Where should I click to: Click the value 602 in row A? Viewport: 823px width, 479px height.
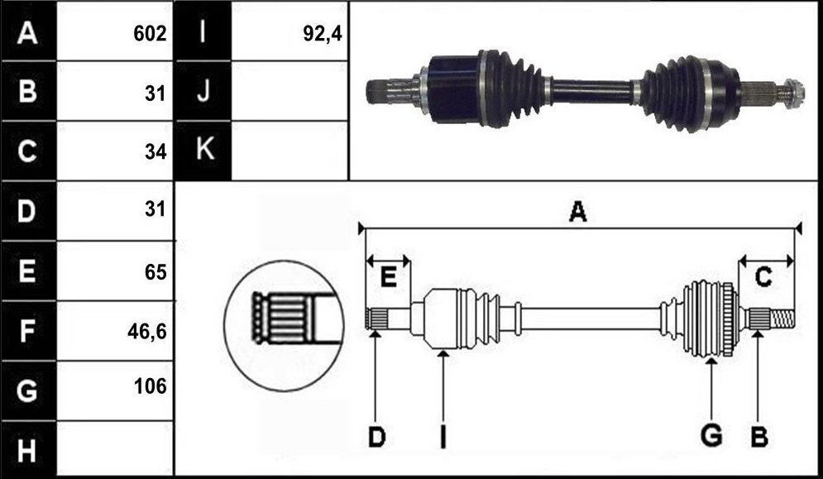pyautogui.click(x=150, y=34)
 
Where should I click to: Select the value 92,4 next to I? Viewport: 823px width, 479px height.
pyautogui.click(x=323, y=34)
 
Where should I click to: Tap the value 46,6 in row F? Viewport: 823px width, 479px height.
pyautogui.click(x=147, y=332)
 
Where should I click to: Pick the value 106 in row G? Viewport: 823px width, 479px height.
pyautogui.click(x=150, y=386)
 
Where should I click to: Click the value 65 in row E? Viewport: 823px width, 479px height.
pyautogui.click(x=156, y=272)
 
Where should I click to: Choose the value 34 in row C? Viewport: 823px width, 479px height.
pyautogui.click(x=156, y=151)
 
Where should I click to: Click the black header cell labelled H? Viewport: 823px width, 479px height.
pyautogui.click(x=28, y=450)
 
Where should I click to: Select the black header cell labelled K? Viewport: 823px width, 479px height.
pyautogui.click(x=203, y=151)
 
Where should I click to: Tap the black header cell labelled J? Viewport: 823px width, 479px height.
pyautogui.click(x=203, y=91)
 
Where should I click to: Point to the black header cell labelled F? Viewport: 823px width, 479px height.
pyautogui.click(x=28, y=331)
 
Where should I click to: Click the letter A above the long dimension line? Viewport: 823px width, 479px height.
pyautogui.click(x=578, y=212)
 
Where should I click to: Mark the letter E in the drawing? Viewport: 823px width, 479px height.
pyautogui.click(x=388, y=277)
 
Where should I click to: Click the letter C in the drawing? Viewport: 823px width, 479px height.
pyautogui.click(x=763, y=277)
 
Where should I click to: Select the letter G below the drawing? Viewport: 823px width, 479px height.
pyautogui.click(x=711, y=436)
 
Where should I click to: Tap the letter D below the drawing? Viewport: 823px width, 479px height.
pyautogui.click(x=376, y=437)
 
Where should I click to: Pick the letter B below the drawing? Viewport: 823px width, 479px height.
pyautogui.click(x=759, y=437)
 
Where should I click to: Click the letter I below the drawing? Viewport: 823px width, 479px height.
pyautogui.click(x=443, y=437)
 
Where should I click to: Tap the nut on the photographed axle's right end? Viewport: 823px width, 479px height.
pyautogui.click(x=793, y=93)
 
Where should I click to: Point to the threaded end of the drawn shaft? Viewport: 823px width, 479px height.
pyautogui.click(x=782, y=319)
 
